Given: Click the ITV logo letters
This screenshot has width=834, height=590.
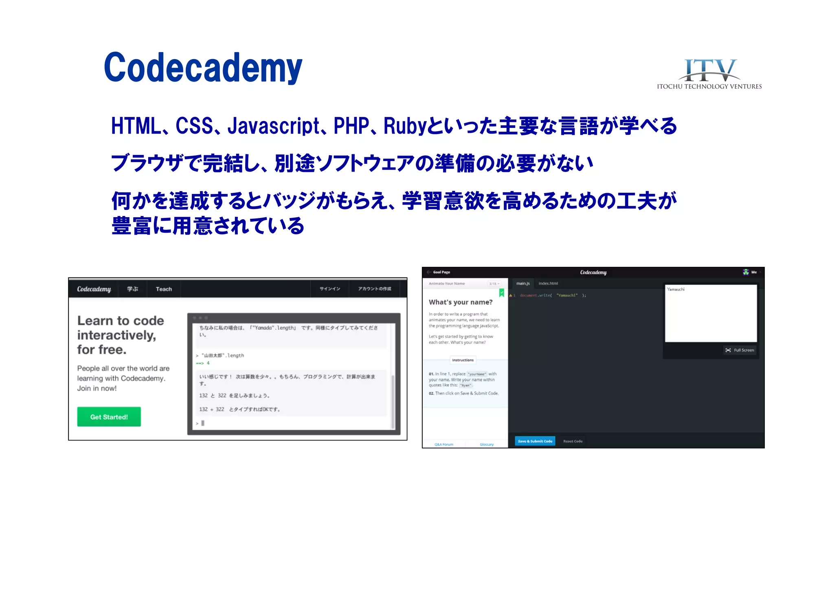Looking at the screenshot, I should point(709,70).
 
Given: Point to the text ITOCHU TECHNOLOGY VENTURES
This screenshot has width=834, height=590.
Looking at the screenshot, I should point(709,86).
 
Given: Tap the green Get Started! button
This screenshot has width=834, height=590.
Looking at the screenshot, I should point(109,417).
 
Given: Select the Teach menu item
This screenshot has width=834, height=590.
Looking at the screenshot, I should point(164,289).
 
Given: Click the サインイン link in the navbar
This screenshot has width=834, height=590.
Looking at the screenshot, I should point(329,289).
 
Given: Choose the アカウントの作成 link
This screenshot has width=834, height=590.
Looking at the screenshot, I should point(374,289).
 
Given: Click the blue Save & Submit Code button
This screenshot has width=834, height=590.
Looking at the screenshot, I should point(535,441).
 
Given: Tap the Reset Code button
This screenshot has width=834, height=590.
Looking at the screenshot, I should point(573,441).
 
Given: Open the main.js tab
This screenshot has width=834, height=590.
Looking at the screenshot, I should point(523,283).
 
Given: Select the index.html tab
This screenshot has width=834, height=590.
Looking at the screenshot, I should point(548,283).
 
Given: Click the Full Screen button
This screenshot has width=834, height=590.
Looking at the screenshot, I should point(740,350).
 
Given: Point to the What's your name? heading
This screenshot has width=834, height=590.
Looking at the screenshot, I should point(461,302).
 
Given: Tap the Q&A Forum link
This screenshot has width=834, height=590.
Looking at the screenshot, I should point(443,444).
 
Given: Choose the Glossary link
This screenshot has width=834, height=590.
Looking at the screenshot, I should point(487,444).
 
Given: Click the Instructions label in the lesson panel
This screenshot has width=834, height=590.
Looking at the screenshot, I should point(463,360).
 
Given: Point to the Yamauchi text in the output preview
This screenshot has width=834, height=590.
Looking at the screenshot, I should point(676,289).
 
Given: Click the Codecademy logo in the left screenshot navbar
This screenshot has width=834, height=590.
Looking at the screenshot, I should point(94,289).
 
